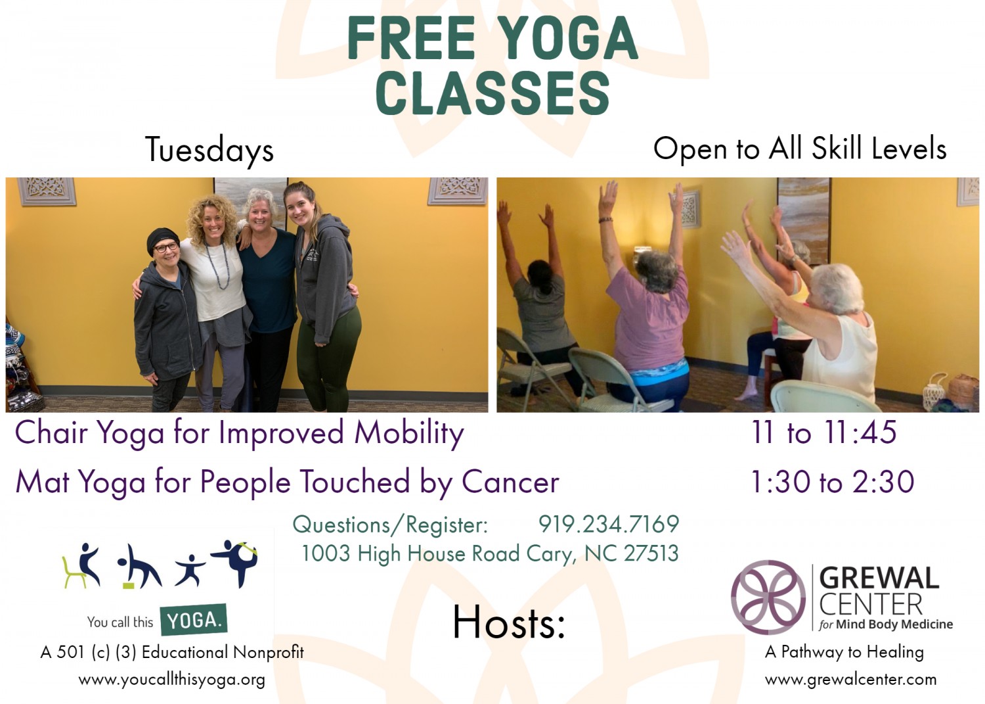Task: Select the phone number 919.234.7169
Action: tap(609, 524)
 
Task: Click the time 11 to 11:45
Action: tap(823, 432)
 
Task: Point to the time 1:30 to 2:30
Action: tap(833, 482)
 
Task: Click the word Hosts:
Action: tap(509, 622)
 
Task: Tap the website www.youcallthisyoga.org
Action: tap(172, 680)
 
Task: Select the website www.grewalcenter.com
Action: tap(850, 679)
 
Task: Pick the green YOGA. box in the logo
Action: tap(194, 619)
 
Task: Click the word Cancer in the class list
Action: tap(510, 482)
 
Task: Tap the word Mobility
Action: tap(409, 433)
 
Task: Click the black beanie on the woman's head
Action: tap(162, 239)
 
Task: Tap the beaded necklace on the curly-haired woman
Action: tap(218, 266)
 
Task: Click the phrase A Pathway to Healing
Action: tap(844, 652)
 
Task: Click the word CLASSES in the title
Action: tap(493, 93)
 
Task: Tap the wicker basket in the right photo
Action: tap(962, 391)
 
